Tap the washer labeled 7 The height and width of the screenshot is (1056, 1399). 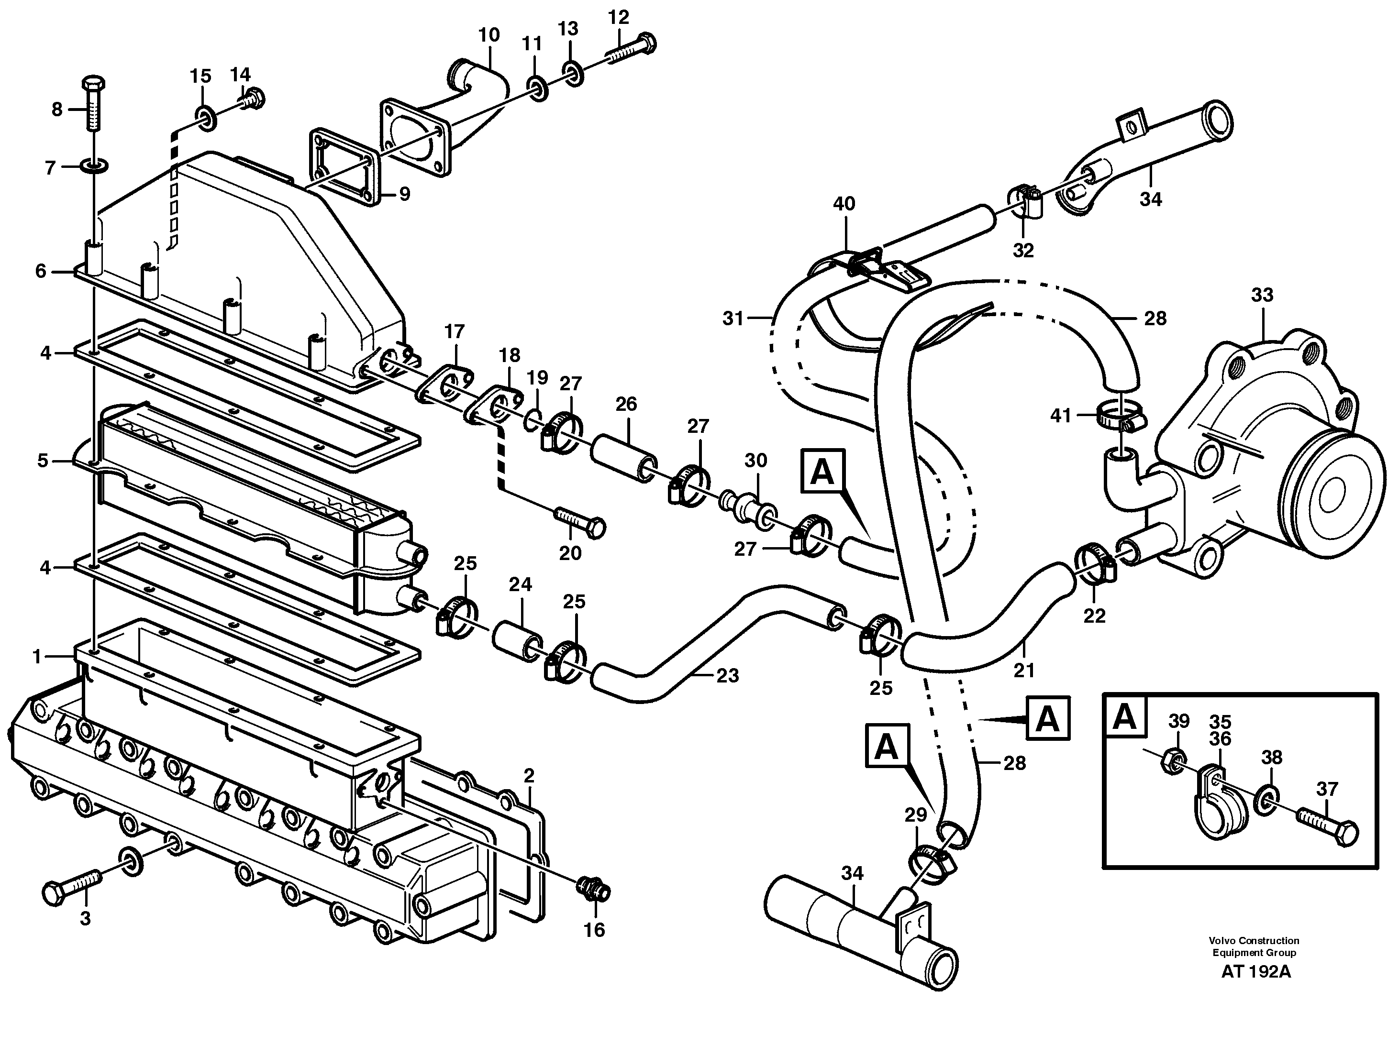[94, 167]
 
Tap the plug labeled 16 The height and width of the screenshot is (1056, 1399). [593, 891]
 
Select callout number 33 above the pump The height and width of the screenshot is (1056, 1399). [1262, 295]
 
